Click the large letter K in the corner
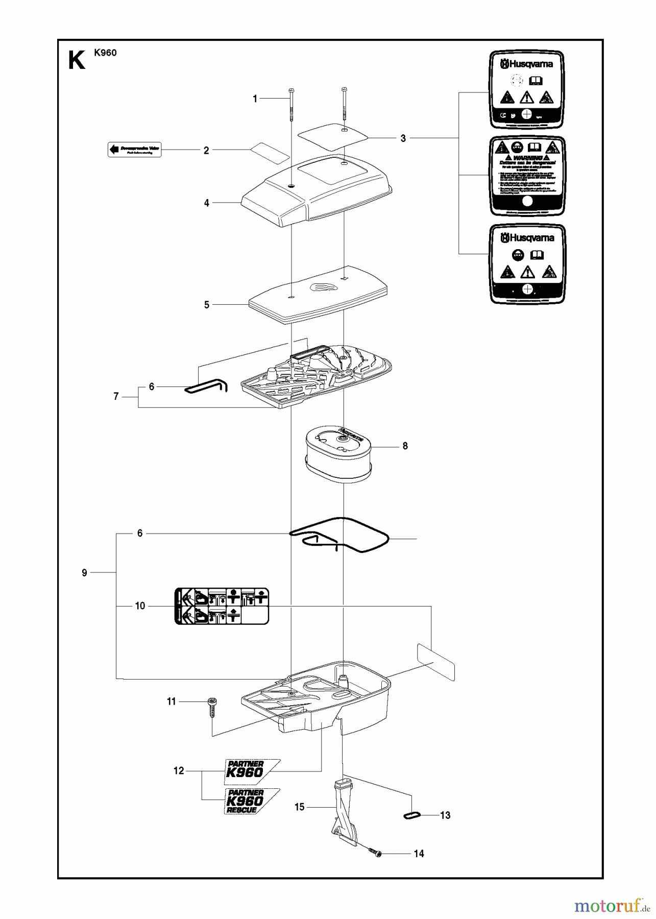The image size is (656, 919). point(77,61)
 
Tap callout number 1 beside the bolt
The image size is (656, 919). point(255,99)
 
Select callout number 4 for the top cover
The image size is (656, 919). point(206,203)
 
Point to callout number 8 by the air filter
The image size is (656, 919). point(405,446)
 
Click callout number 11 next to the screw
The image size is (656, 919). point(172,702)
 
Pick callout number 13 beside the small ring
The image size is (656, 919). point(445,815)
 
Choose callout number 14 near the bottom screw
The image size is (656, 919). point(419,854)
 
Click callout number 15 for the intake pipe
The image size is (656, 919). point(299,807)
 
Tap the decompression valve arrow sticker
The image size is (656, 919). point(134,150)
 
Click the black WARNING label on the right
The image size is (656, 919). point(527,176)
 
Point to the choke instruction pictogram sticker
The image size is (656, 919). point(222,606)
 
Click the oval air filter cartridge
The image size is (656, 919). point(338,451)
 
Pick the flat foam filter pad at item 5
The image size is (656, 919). point(317,295)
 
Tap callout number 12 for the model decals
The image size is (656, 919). point(178,771)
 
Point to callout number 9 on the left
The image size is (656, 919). point(84,573)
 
